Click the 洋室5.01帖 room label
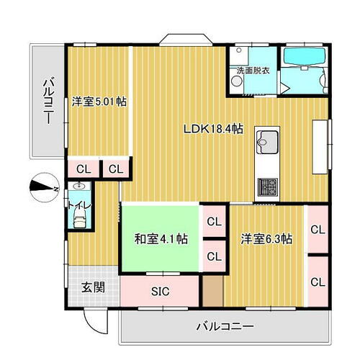point(99,102)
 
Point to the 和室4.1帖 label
point(162,238)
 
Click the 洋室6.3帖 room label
point(266,238)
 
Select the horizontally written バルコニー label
point(225,327)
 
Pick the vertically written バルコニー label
point(47,102)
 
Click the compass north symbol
point(42,186)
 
